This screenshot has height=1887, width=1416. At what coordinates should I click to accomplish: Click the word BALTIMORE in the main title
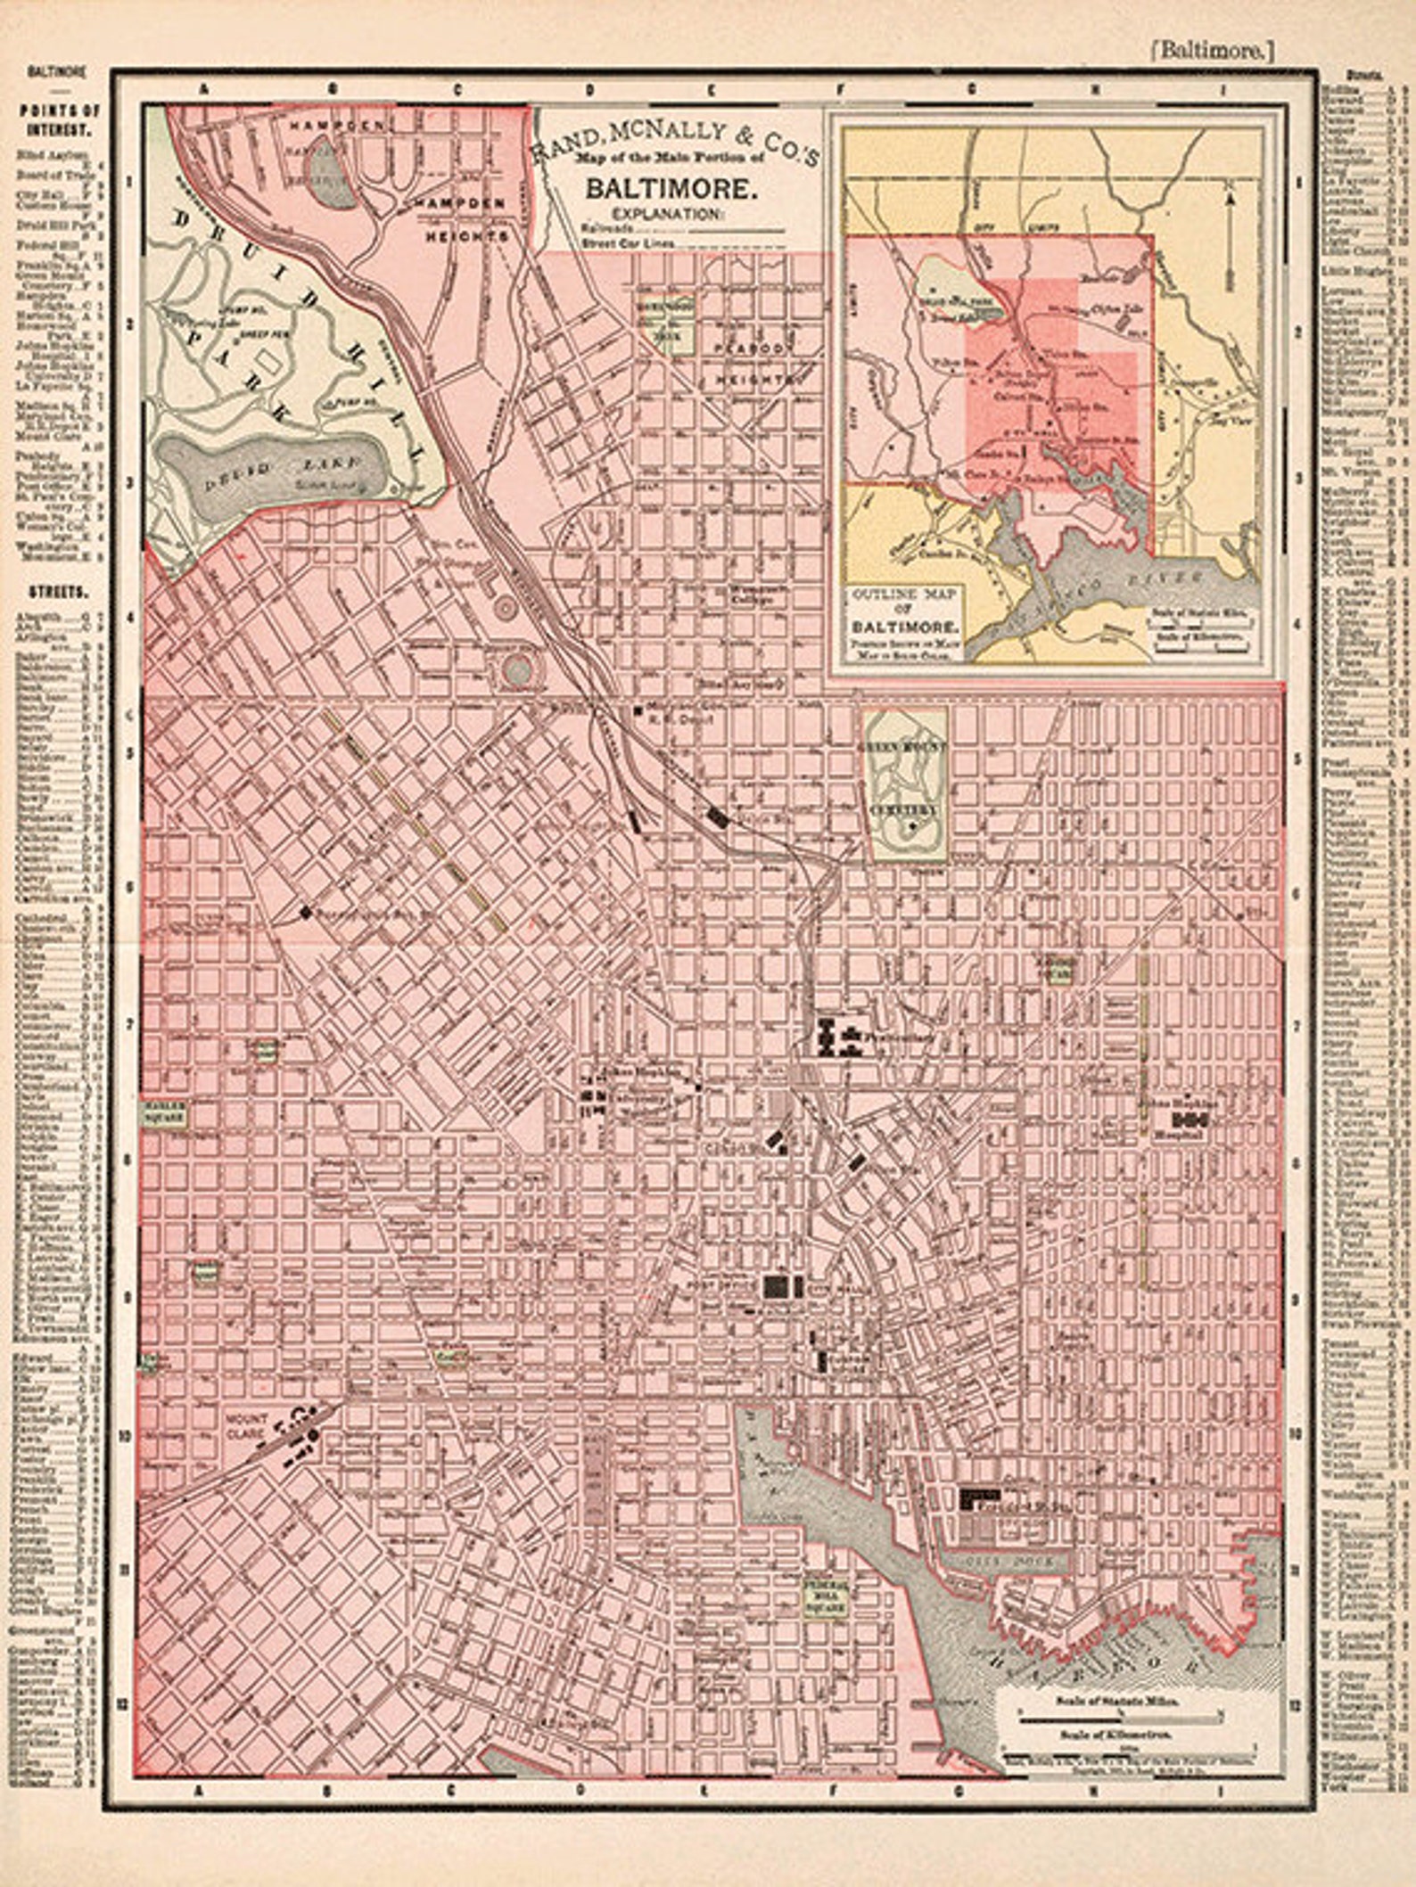click(x=671, y=189)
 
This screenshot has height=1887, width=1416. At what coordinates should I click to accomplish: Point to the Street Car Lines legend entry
click(x=624, y=242)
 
